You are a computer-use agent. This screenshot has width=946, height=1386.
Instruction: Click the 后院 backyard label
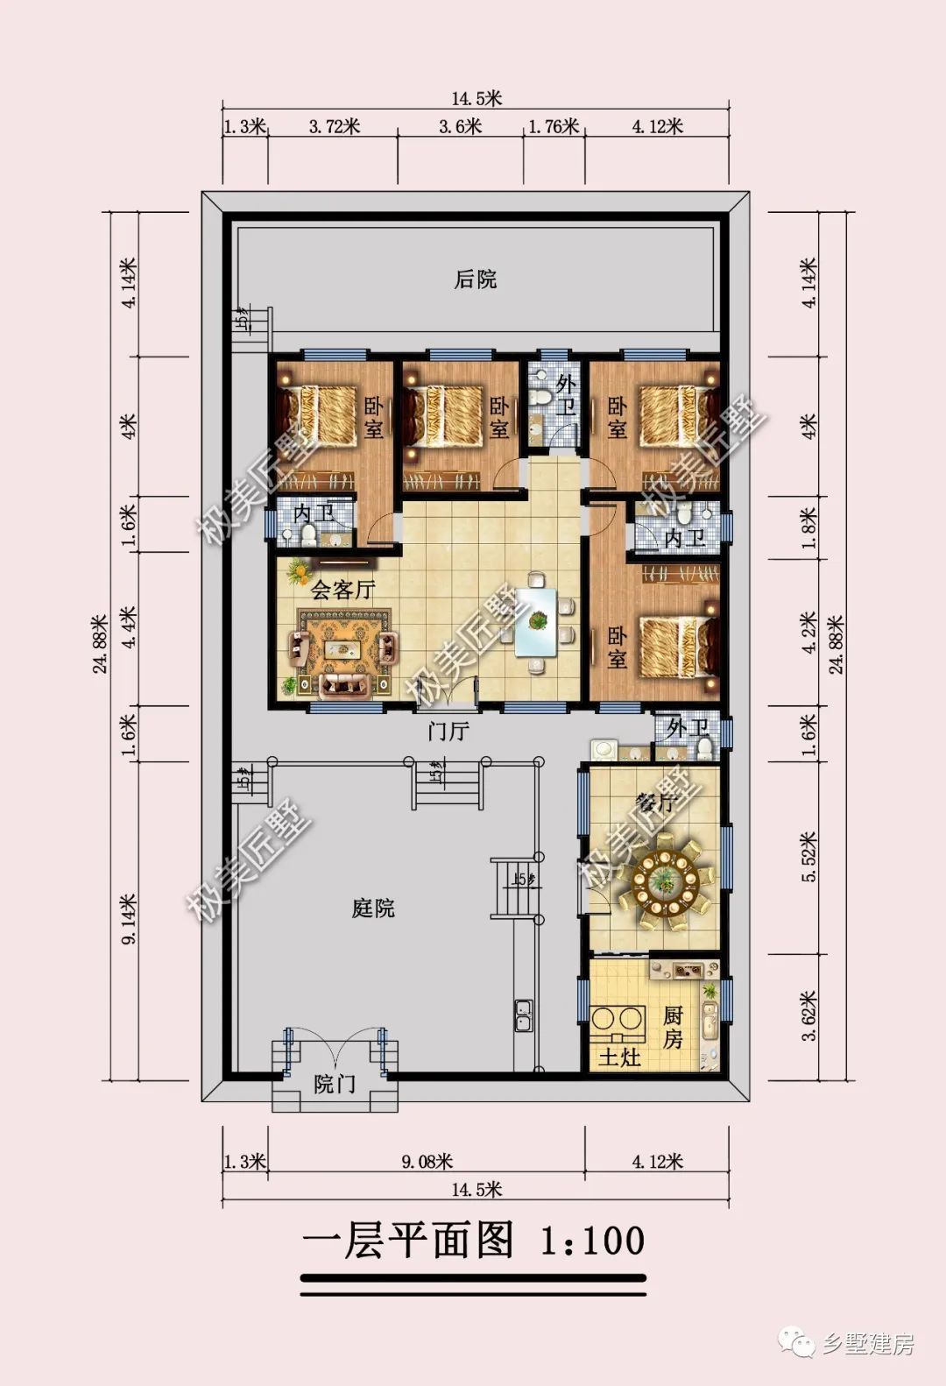pos(475,279)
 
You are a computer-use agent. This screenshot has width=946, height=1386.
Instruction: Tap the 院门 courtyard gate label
pos(335,1085)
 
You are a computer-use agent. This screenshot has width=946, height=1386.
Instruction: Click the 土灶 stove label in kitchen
pos(619,1057)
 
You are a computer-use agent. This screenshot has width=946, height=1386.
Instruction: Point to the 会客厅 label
pos(342,590)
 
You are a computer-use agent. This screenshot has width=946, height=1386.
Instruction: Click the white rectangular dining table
pos(537,622)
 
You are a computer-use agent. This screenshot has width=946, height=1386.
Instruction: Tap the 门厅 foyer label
pos(448,731)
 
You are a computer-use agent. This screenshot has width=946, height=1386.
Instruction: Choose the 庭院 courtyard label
pos(373,909)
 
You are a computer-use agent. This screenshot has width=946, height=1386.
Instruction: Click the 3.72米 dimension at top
pos(334,126)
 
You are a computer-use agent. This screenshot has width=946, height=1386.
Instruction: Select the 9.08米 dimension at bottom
pos(427,1162)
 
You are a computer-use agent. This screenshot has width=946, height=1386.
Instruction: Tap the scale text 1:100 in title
pos(592,1241)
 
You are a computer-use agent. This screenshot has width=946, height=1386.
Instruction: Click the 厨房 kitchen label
pos(672,1028)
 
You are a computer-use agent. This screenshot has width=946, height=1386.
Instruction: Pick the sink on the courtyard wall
pos(524,1016)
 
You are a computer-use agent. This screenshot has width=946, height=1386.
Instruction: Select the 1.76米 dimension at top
pos(554,126)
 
